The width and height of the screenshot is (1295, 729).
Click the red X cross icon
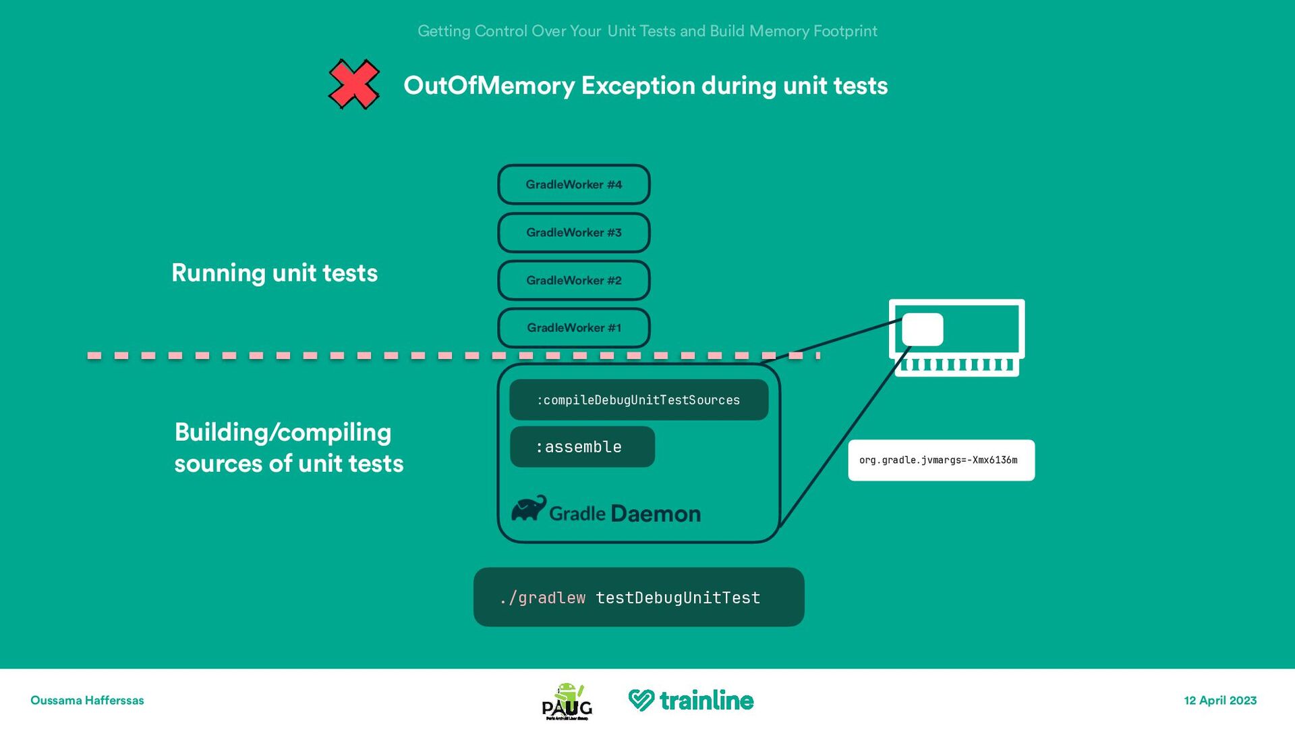coord(353,84)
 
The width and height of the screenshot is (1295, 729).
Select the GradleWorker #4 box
coord(574,184)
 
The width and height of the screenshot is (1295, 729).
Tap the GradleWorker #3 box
coord(574,232)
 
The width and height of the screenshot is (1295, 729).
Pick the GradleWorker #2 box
coord(574,280)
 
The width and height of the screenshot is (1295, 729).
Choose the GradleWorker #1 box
coord(574,328)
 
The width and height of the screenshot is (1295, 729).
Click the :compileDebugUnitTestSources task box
coord(639,400)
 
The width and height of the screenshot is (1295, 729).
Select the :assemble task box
coord(582,447)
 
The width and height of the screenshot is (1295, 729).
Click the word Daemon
coord(656,514)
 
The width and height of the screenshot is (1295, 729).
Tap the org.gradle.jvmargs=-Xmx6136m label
coord(941,460)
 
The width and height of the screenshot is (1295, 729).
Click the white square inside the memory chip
coord(922,329)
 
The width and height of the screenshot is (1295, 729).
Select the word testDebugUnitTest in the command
coord(678,597)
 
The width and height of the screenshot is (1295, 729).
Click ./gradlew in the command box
coord(543,597)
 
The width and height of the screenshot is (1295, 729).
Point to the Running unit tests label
coord(275,273)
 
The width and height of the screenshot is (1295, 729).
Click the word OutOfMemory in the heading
coord(489,86)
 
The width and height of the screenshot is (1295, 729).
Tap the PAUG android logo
coord(567,701)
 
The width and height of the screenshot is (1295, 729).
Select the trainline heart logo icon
coord(641,700)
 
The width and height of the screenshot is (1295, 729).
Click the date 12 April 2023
coord(1220,701)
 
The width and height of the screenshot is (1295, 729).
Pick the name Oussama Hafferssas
coord(87,701)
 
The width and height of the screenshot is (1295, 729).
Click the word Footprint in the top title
coord(845,31)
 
